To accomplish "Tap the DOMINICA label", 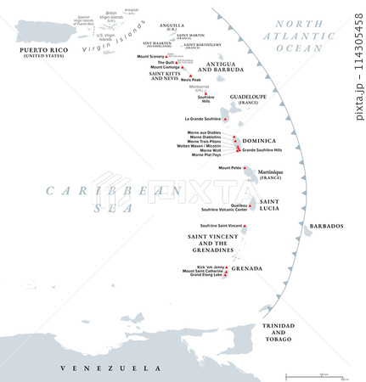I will pos(259,141).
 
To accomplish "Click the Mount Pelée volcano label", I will pos(230,168).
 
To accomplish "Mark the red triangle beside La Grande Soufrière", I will pos(225,120).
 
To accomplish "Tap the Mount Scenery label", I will pos(153,56).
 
